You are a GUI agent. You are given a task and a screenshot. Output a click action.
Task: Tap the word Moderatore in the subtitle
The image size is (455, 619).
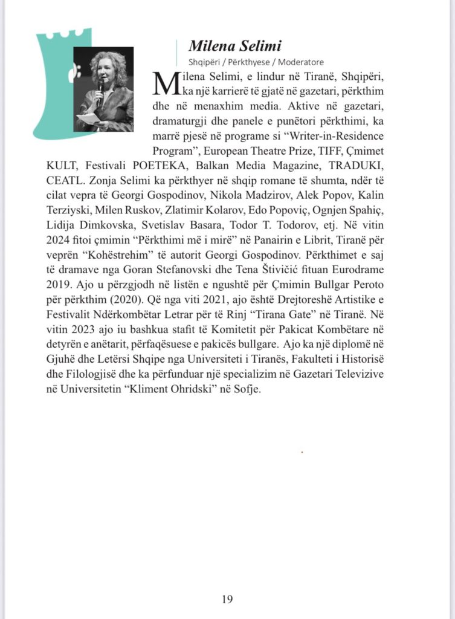point(301,62)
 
